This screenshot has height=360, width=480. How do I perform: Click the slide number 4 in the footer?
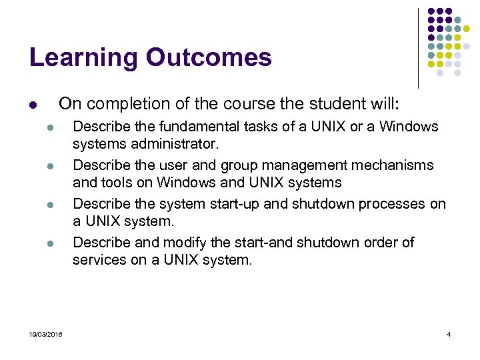(449, 333)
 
